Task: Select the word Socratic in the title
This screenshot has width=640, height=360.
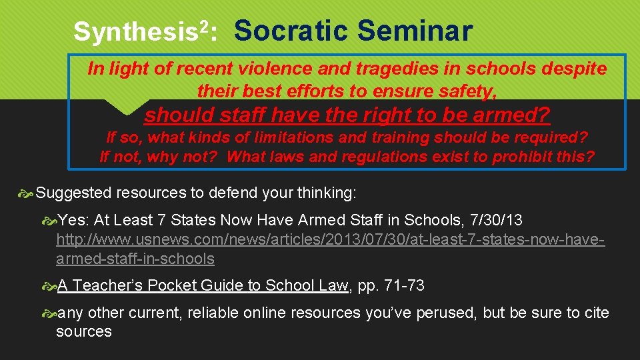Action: (291, 31)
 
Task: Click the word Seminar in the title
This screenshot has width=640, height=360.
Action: (415, 31)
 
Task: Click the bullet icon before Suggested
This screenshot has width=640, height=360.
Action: (27, 194)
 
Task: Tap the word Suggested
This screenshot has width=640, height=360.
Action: (74, 193)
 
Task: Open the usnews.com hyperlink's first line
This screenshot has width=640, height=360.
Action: (330, 239)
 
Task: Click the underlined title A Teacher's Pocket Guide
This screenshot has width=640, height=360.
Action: (203, 285)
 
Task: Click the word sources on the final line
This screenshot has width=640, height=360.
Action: (83, 331)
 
